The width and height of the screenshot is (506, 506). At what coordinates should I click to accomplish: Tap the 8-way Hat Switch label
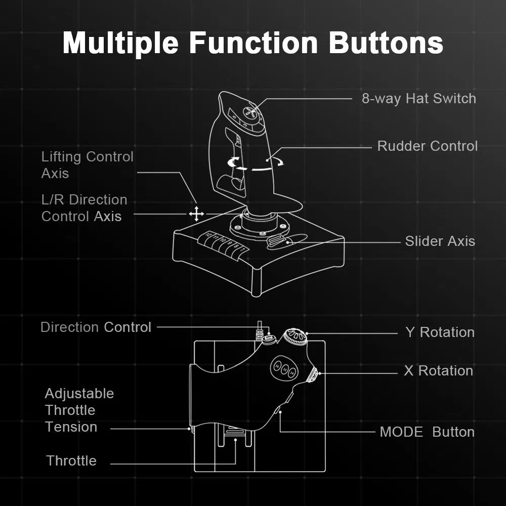click(418, 98)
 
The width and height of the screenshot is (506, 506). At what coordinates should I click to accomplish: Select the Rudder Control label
click(427, 146)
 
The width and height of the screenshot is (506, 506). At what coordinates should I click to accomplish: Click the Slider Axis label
click(440, 241)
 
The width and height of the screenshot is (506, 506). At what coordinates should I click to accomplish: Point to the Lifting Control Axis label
click(87, 165)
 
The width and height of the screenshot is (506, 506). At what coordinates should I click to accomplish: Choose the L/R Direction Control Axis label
click(84, 208)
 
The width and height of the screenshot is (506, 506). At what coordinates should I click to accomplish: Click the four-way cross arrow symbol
click(196, 214)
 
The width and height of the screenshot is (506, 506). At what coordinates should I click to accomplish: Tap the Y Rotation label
click(440, 332)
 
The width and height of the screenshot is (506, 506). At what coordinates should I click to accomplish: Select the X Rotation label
click(438, 371)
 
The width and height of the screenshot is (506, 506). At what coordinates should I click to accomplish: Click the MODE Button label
click(427, 432)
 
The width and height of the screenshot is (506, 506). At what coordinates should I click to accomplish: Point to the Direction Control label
click(96, 327)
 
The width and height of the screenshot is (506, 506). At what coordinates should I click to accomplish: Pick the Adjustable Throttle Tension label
click(79, 410)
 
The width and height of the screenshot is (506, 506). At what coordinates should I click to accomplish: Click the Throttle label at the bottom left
click(71, 461)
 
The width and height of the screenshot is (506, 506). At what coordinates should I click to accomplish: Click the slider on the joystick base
click(279, 242)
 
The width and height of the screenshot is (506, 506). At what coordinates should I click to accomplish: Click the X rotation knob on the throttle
click(313, 375)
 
